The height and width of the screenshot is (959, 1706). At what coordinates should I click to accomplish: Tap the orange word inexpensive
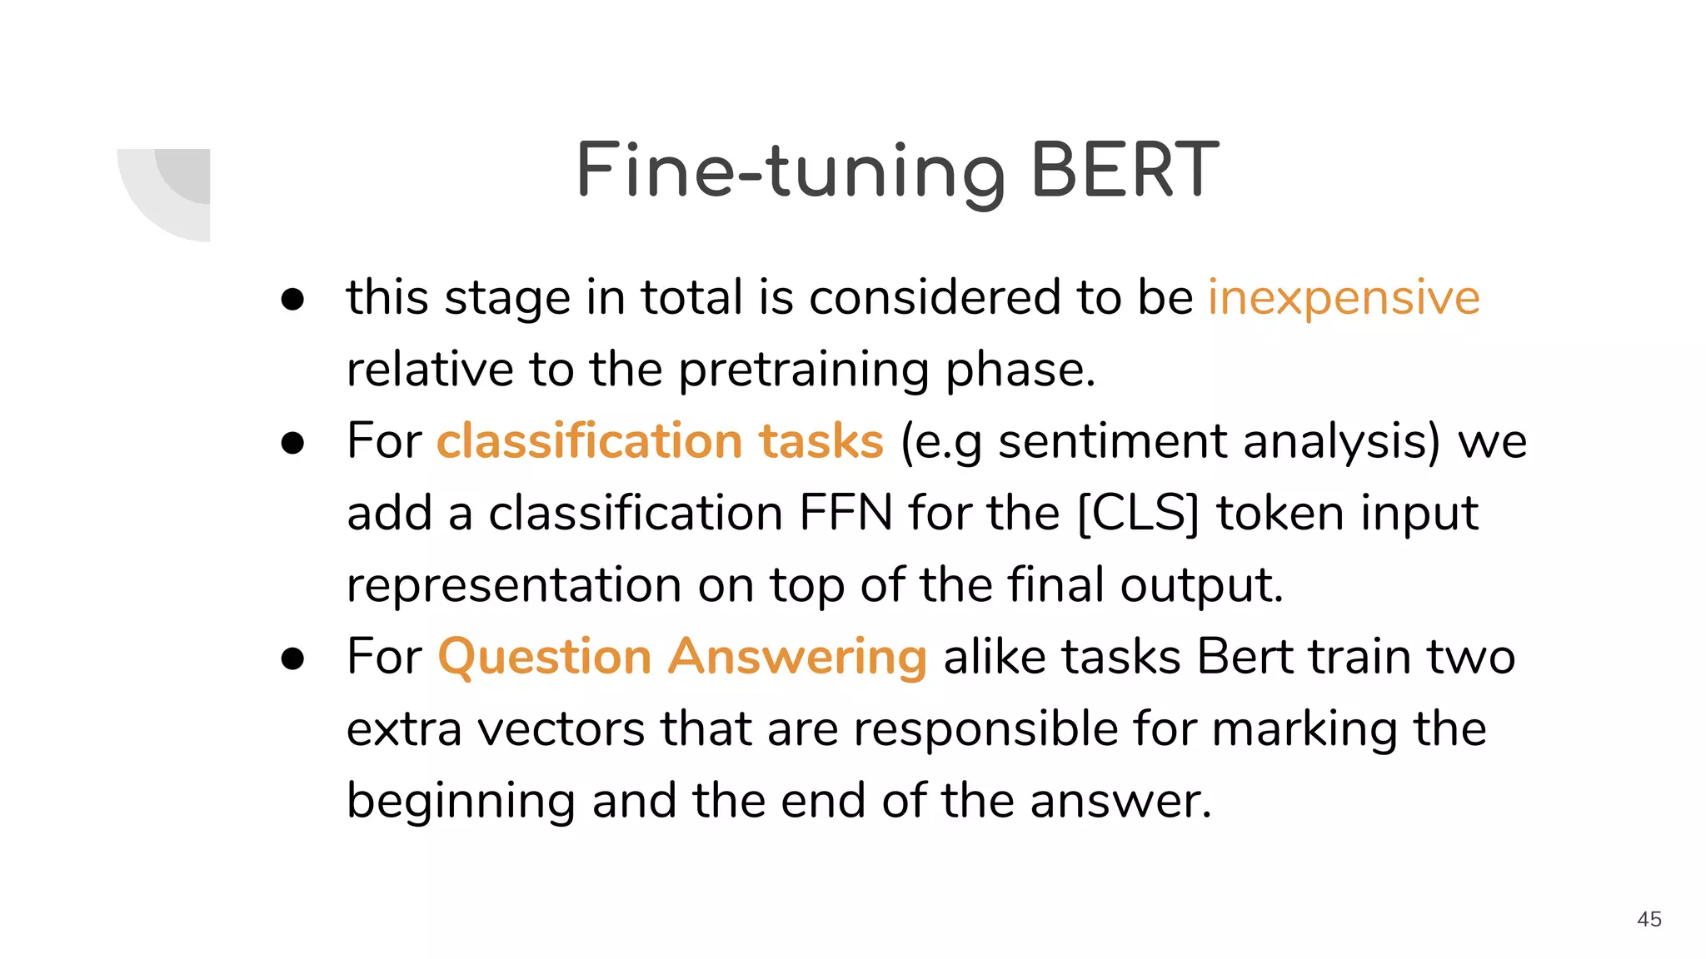[x=1344, y=297]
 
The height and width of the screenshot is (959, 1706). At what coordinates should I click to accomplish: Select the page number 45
[x=1649, y=919]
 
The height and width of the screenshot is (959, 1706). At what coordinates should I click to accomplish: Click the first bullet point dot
[x=292, y=300]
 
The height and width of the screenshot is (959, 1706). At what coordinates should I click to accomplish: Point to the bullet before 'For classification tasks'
[x=292, y=443]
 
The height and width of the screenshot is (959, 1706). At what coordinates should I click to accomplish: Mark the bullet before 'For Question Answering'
[x=292, y=658]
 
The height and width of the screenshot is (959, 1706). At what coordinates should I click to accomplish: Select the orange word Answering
[x=797, y=658]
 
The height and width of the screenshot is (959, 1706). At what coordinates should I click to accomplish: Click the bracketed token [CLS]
[x=1138, y=513]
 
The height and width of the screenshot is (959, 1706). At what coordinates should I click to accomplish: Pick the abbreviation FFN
[x=846, y=513]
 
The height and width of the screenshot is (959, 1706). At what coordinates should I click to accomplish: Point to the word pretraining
[x=804, y=370]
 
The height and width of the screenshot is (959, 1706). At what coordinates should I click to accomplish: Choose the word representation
[x=513, y=585]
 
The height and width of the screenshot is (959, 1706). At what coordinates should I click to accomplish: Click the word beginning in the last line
[x=461, y=802]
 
